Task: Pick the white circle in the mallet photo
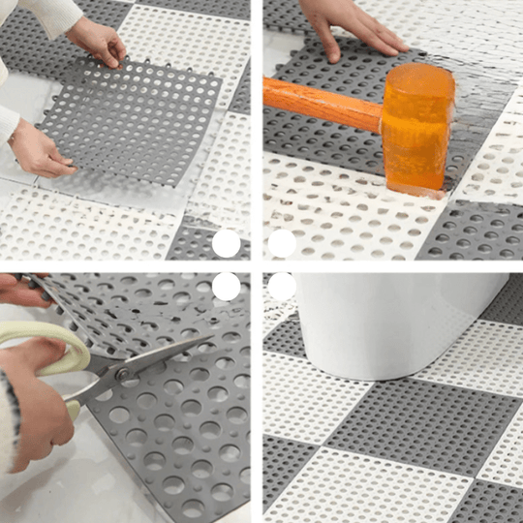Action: point(282,243)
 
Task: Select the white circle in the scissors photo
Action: point(226,286)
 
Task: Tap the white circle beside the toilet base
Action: point(282,286)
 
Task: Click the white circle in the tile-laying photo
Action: point(226,243)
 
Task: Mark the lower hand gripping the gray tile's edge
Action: point(39,150)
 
